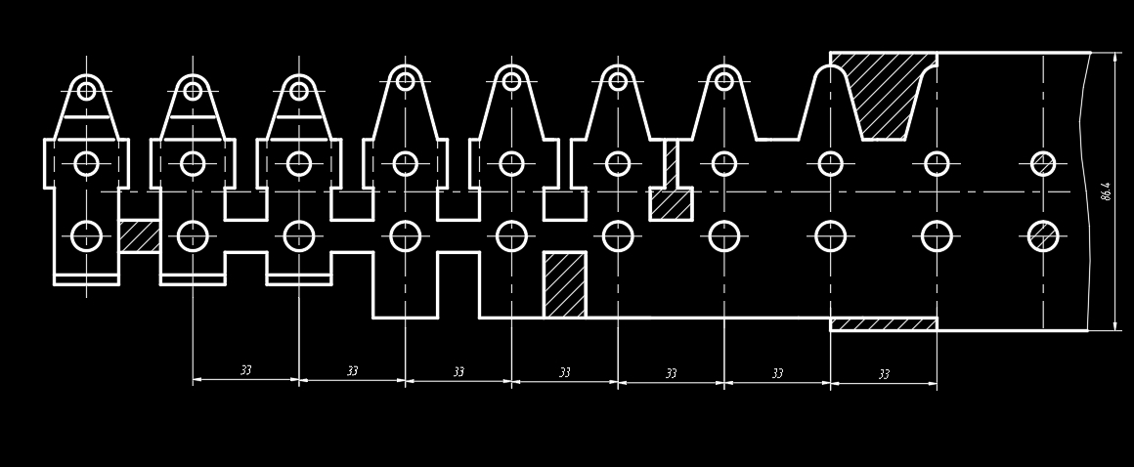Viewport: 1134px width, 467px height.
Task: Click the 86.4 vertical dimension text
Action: pos(1106,191)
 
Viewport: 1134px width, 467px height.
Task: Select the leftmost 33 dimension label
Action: pos(245,370)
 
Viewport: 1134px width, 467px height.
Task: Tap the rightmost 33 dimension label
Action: pos(884,374)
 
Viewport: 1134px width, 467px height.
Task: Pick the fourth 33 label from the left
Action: pos(564,372)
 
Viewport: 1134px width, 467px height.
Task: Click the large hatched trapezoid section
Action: pos(888,93)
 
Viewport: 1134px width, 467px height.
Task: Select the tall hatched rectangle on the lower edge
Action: pos(564,284)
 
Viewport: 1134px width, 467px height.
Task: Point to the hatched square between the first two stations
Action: pos(140,236)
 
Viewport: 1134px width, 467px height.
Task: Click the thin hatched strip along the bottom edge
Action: pos(883,324)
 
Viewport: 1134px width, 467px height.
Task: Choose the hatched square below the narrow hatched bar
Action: pos(671,204)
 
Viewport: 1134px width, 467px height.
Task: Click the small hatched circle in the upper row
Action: pos(1043,163)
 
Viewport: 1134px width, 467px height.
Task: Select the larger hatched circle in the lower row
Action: pos(1043,236)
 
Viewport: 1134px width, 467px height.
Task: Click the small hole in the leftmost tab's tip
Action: pos(86,91)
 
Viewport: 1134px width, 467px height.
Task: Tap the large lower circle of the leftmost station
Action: pos(86,236)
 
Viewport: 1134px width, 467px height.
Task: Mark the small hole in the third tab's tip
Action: pos(299,91)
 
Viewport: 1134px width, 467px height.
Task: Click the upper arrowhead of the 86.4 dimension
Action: pos(1115,58)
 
